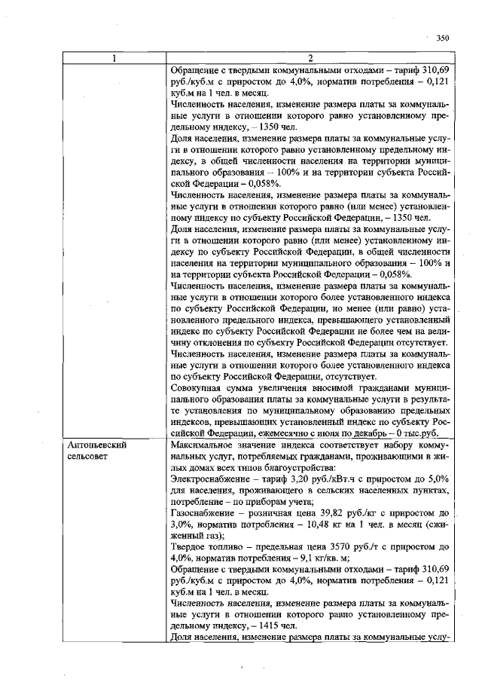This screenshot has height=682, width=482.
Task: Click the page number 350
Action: coord(442,36)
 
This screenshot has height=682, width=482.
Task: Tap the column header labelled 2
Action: coord(310,58)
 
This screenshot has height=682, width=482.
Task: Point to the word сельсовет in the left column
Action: coord(87,457)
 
